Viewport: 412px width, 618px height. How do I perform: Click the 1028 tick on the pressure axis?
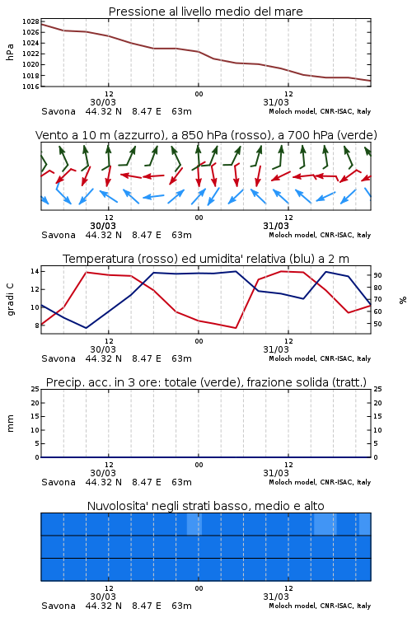(x=30, y=21)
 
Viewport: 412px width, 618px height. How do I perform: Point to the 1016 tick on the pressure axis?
(x=30, y=87)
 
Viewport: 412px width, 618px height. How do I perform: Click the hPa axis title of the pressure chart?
(x=10, y=52)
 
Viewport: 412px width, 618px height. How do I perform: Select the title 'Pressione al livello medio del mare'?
(x=206, y=12)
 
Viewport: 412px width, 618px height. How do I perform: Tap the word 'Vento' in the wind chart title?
(x=51, y=135)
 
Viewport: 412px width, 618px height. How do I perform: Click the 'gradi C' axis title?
(x=10, y=300)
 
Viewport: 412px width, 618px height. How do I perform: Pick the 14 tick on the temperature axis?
(x=35, y=271)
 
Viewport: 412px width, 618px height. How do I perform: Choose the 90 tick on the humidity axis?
(x=377, y=275)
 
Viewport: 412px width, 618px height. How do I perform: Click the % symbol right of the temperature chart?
(x=403, y=300)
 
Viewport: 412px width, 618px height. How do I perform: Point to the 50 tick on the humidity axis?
(x=377, y=324)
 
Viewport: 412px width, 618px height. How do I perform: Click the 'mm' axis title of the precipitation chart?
(x=10, y=424)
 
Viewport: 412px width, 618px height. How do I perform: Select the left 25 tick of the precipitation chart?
(x=35, y=389)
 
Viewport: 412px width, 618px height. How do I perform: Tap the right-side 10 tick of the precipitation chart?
(x=377, y=430)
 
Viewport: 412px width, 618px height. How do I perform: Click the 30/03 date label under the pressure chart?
(x=103, y=102)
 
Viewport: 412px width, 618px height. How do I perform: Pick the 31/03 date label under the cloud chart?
(x=276, y=597)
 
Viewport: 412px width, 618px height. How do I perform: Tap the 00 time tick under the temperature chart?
(x=199, y=341)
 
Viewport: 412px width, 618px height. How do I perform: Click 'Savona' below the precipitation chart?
(x=59, y=482)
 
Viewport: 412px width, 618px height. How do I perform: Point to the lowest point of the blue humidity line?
(x=86, y=328)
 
